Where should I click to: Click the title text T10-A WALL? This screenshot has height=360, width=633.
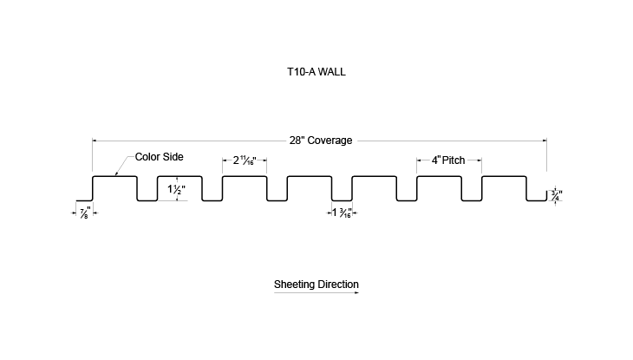(316, 72)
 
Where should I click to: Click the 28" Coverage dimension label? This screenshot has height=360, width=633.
(321, 141)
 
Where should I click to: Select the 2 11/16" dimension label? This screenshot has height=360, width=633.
(245, 160)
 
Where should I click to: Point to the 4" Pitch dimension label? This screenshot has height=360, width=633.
(448, 160)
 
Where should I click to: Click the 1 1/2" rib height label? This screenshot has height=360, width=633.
(176, 189)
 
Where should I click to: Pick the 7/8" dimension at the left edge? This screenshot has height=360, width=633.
(85, 213)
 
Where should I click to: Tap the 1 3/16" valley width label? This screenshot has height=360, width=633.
(342, 213)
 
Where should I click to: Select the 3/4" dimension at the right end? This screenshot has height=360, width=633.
(557, 195)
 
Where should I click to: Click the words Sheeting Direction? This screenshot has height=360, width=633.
(316, 285)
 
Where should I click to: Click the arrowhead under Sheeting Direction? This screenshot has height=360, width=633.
(356, 292)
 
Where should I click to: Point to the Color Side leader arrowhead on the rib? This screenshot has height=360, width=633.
(116, 173)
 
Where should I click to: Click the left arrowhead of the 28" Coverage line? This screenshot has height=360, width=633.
(95, 141)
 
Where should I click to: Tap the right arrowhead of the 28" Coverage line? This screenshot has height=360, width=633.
(545, 141)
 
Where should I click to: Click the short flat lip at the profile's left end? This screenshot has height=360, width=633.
(84, 200)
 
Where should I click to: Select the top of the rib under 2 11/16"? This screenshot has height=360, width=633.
(245, 176)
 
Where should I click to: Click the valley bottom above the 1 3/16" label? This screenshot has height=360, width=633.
(342, 200)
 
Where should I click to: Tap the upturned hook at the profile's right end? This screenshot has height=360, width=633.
(546, 195)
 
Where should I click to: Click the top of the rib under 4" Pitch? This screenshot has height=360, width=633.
(440, 176)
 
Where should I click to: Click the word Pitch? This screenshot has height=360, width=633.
(454, 160)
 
